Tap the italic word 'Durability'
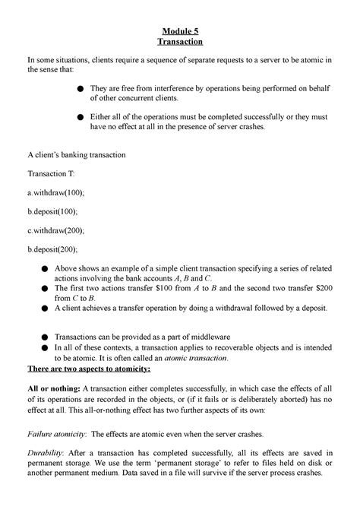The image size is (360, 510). click(x=46, y=453)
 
